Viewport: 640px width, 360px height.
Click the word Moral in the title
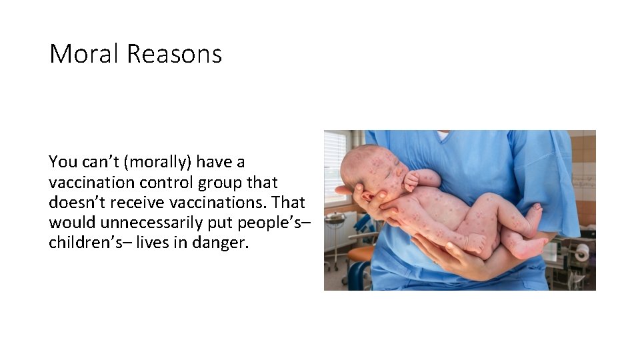tap(84, 54)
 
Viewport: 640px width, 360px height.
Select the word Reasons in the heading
tap(174, 54)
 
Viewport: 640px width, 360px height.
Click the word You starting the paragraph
tap(63, 162)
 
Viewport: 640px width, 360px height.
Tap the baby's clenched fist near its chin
tap(411, 179)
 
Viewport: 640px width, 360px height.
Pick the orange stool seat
tap(361, 254)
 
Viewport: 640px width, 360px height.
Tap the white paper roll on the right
tap(581, 252)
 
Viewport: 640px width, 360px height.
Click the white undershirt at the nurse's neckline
tap(443, 135)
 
